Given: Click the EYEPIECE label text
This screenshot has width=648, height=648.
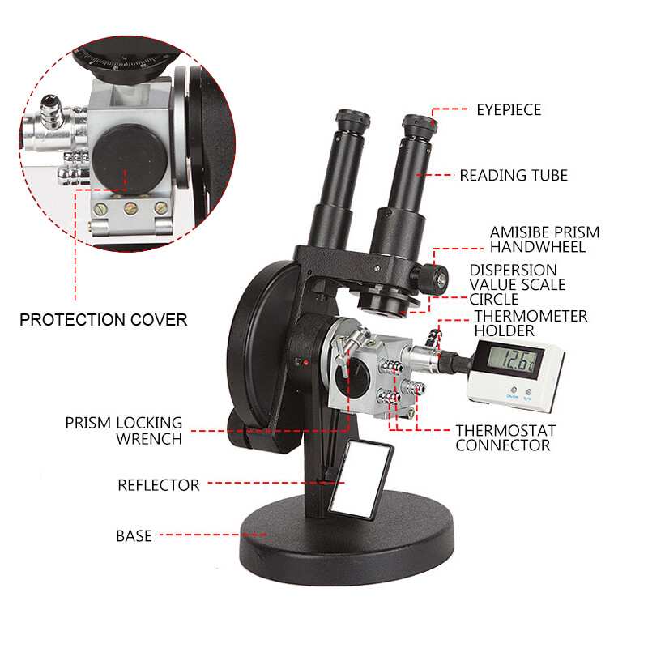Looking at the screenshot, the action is coord(509,110).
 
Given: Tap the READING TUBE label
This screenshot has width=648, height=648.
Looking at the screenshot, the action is coord(514,175).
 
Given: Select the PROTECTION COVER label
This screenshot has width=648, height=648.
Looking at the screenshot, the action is coord(104,319).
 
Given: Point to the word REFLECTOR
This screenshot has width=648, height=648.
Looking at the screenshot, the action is coord(159,485).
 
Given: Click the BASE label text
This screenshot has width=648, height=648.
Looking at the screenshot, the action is coord(134,536).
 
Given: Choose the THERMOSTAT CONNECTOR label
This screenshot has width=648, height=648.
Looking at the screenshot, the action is coord(505,438).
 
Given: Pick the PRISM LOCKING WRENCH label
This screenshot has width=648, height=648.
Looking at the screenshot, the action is coord(124,431).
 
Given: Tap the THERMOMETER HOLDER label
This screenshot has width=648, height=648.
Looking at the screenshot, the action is coord(531,323).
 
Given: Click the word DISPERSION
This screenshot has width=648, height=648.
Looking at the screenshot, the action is coord(514,271).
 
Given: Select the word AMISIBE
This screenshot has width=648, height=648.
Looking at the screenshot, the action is coord(515,232).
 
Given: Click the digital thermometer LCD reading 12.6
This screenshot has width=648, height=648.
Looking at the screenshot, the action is coord(514,360).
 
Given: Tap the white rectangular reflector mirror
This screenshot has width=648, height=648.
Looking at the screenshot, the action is coord(361,480).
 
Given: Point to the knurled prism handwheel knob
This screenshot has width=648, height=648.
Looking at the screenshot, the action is coord(430,278).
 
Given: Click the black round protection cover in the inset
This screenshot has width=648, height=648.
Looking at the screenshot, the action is coord(130,158).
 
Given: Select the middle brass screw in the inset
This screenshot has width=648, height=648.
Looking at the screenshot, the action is coord(131,208).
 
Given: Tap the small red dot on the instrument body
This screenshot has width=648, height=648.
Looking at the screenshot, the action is coord(306,363).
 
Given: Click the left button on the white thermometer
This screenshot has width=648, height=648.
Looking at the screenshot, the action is coord(514,390).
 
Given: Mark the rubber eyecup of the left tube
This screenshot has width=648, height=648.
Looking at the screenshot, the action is coord(352,118).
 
